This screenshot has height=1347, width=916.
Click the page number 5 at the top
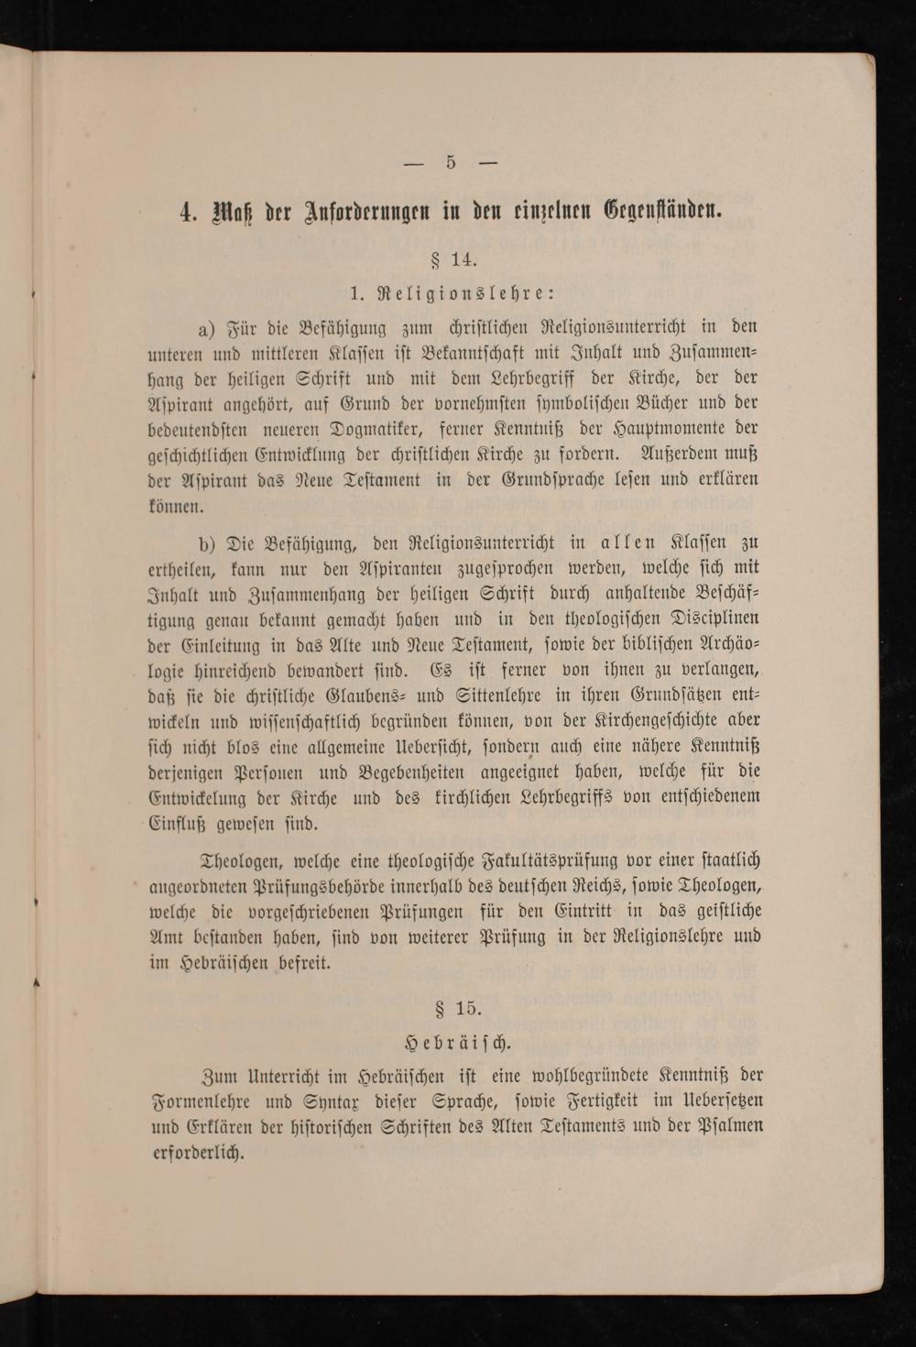pyautogui.click(x=451, y=163)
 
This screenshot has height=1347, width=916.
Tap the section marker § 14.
pyautogui.click(x=453, y=259)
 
